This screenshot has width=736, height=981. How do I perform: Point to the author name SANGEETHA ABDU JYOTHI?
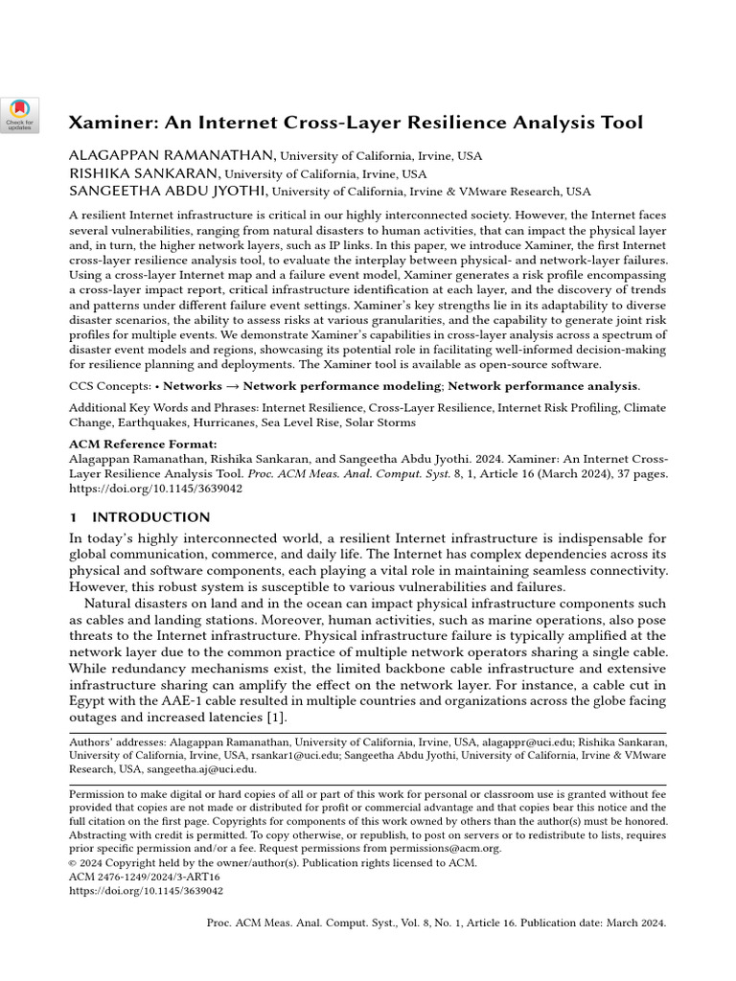click(170, 192)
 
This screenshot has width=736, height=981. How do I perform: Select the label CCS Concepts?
click(107, 386)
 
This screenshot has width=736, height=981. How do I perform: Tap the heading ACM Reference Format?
click(143, 445)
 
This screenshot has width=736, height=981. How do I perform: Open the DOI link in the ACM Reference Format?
click(155, 488)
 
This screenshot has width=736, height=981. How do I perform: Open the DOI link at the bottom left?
click(146, 890)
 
